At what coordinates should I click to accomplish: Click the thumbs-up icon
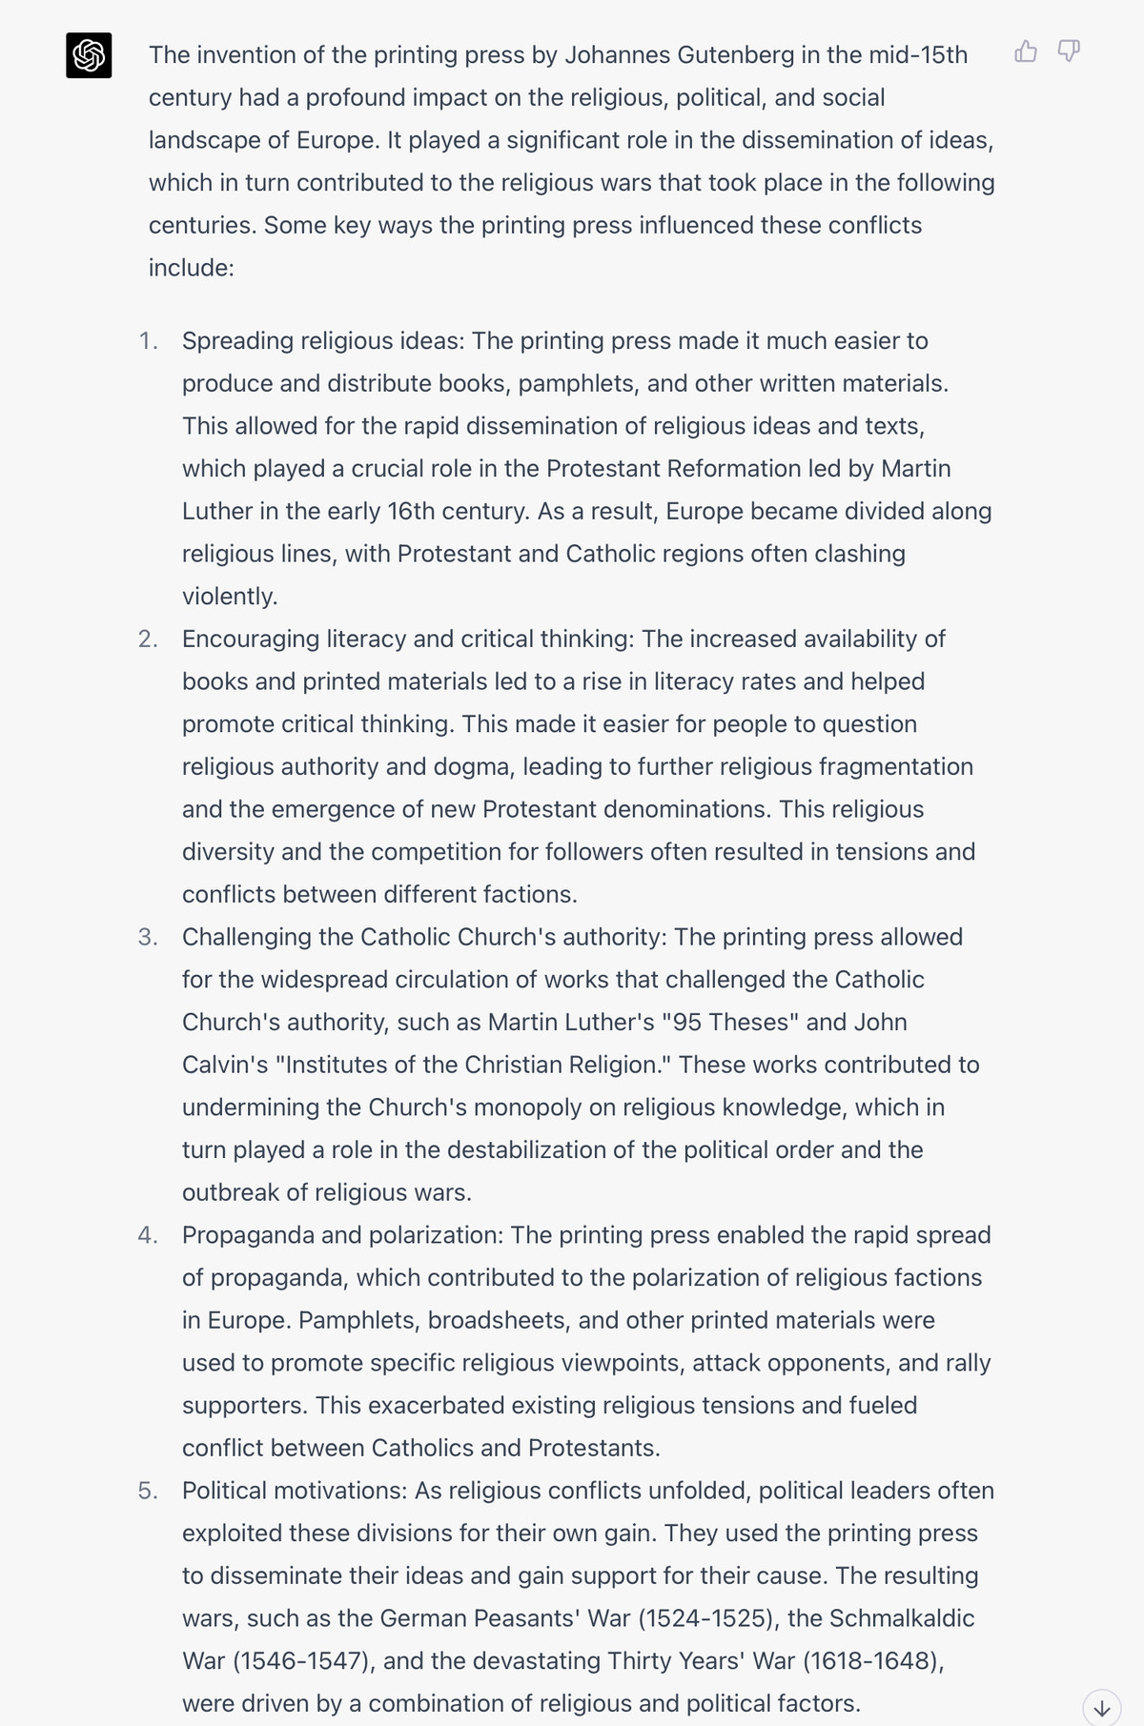coord(1026,51)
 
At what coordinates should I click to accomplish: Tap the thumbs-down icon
coord(1069,51)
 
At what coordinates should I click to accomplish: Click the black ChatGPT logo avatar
coord(89,55)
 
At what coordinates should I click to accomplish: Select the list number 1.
coord(148,341)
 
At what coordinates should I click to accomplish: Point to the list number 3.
coord(148,937)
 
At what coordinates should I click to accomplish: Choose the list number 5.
coord(148,1491)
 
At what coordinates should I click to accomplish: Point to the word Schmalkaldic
coord(902,1618)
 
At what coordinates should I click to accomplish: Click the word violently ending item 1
coord(230,597)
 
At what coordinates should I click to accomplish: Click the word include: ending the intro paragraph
coord(191,268)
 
